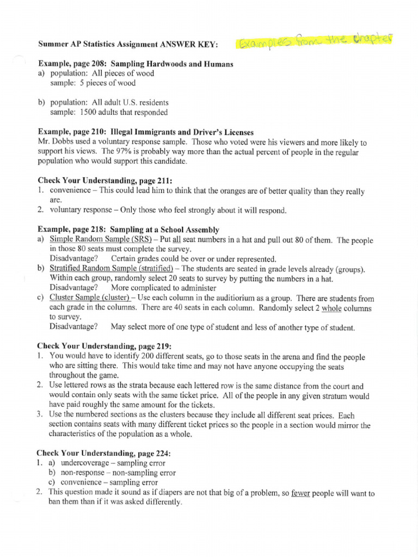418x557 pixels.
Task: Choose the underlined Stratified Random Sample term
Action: [111, 269]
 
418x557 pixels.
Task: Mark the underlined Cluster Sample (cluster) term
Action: [89, 298]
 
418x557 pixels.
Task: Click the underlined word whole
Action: [331, 308]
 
